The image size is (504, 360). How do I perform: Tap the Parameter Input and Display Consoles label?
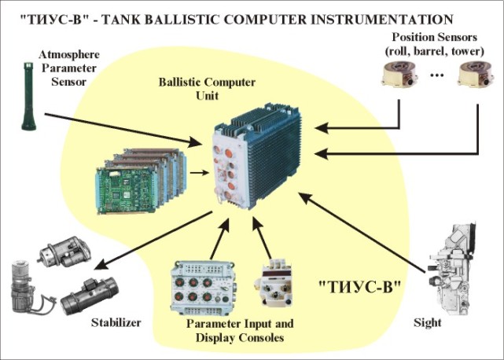pyautogui.click(x=234, y=331)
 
